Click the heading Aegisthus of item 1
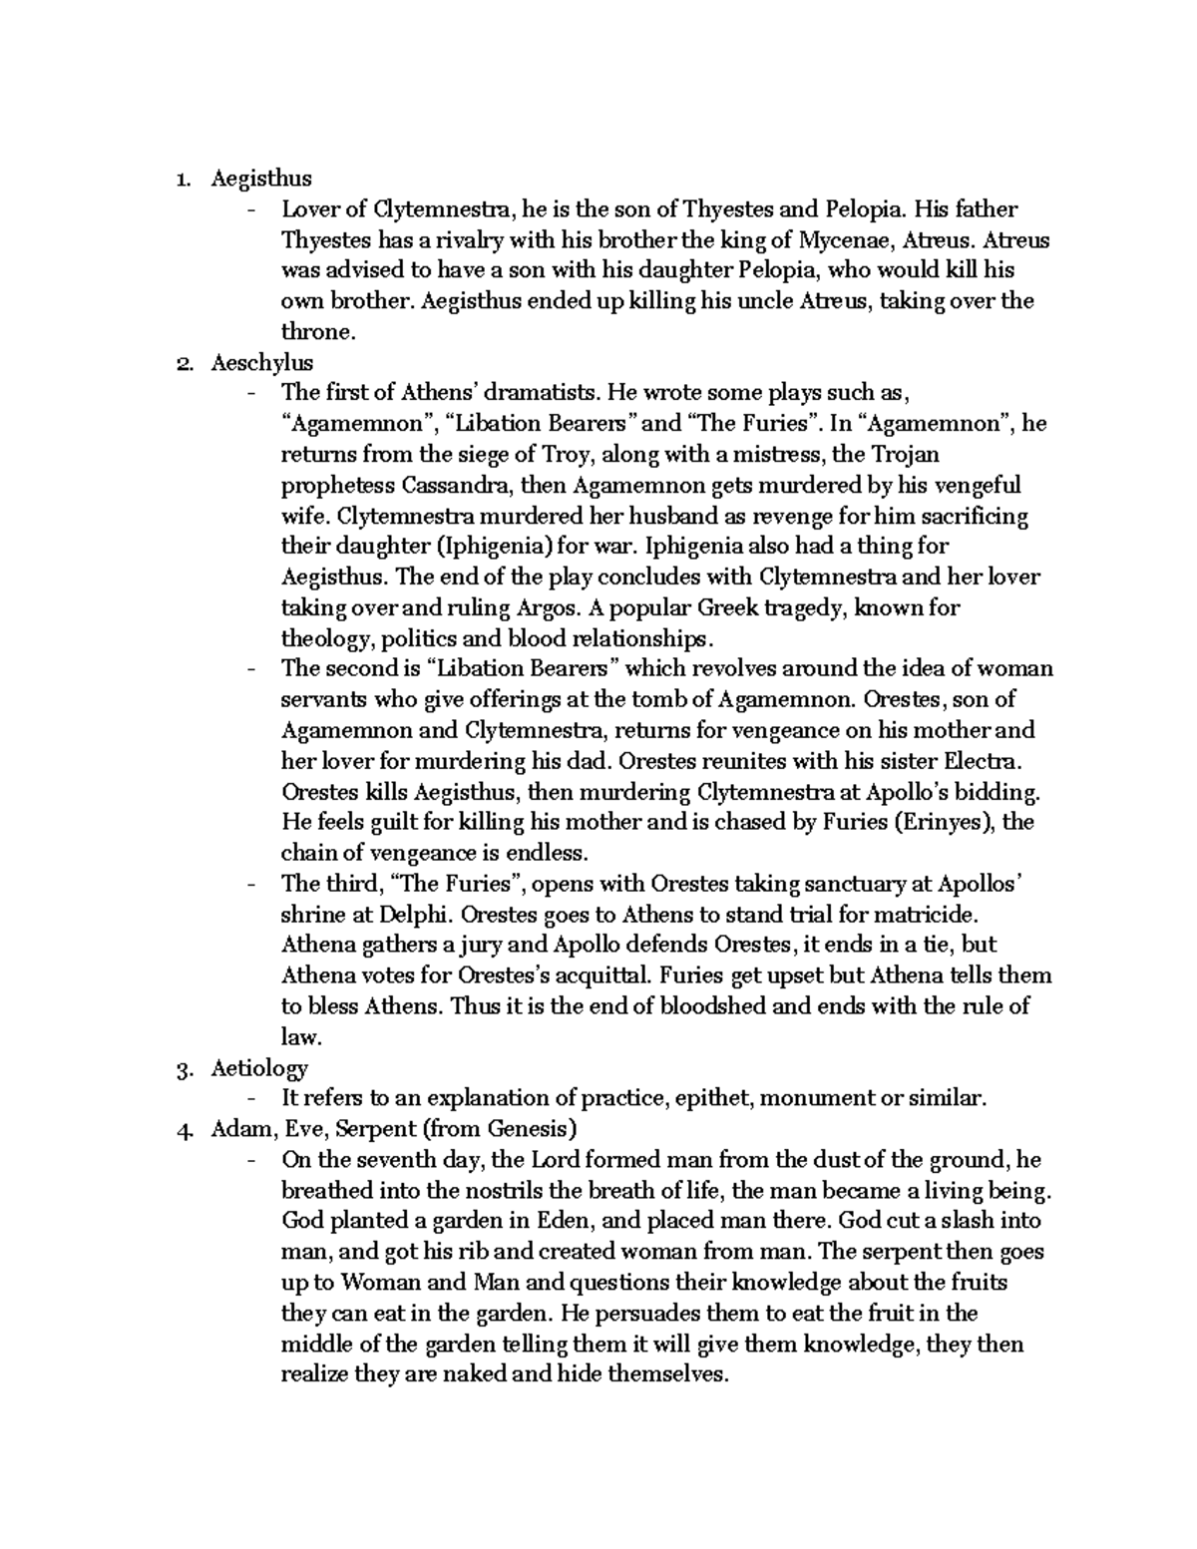[x=261, y=179]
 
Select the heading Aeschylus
[x=261, y=363]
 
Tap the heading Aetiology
[x=259, y=1068]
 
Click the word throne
[x=316, y=332]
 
